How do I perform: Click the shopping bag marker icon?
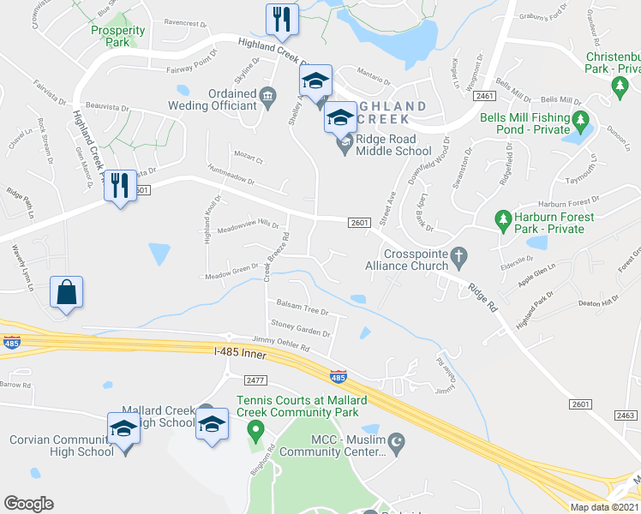point(66,292)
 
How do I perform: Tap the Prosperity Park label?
point(117,37)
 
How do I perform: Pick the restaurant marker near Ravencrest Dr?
point(281,19)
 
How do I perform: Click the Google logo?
point(28,504)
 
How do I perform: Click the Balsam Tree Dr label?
point(297,309)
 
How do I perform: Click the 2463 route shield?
point(625,414)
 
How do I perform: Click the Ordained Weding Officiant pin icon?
point(267,94)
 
